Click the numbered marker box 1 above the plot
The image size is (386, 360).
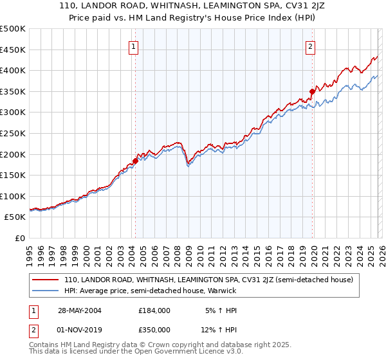[x=133, y=46]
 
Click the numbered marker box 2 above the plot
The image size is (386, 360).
[x=310, y=46]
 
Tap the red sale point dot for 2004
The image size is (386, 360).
[x=136, y=161]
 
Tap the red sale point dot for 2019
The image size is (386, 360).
[x=312, y=91]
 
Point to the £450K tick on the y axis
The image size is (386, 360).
[x=13, y=50]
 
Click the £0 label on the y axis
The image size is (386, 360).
[x=19, y=238]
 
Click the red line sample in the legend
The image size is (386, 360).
[x=46, y=280]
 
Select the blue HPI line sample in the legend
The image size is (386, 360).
[x=46, y=291]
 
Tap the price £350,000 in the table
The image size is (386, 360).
[x=154, y=330]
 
